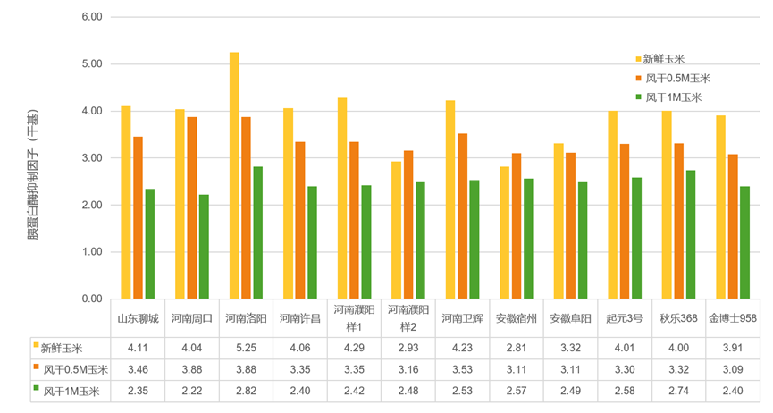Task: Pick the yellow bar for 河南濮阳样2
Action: click(396, 230)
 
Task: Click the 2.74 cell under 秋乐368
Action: click(679, 391)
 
